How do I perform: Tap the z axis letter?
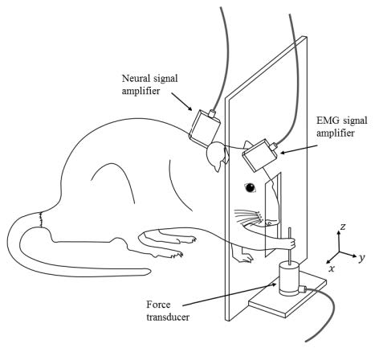343,227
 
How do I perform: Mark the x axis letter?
331,268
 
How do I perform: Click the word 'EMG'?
314,120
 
